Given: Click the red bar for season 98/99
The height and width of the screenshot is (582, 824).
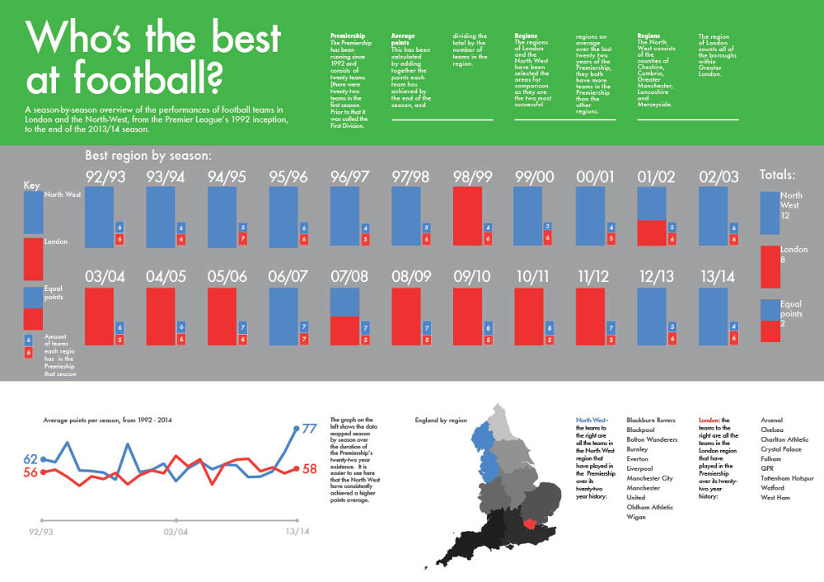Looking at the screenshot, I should [x=467, y=216].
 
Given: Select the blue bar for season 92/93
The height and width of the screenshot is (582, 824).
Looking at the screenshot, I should [x=99, y=216].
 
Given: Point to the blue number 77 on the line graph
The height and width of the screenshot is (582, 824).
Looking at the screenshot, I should [x=310, y=429].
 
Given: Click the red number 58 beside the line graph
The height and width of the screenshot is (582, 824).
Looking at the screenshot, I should [x=310, y=469].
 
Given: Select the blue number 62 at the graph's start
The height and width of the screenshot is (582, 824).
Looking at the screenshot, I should [x=30, y=459].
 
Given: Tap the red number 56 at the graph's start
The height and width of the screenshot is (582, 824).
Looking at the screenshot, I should [x=30, y=472].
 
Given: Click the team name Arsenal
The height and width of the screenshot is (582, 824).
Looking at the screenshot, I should [x=772, y=420].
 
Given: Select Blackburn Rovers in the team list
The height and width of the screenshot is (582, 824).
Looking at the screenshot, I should [x=651, y=420].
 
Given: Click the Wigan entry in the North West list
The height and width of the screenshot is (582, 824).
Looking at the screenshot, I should [x=636, y=518].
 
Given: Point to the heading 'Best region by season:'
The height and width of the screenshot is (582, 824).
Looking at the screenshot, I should [x=149, y=155].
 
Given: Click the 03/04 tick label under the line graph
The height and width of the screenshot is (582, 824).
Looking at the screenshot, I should [x=176, y=532].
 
